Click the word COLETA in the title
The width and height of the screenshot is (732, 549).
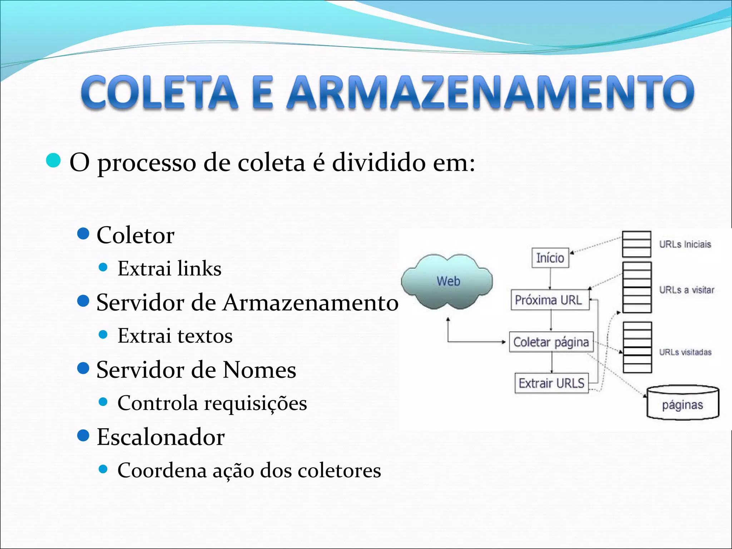(x=159, y=92)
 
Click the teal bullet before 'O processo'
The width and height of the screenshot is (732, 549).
(x=54, y=160)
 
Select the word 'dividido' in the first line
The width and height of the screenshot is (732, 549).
(x=379, y=163)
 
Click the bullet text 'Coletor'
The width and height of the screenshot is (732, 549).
(x=135, y=235)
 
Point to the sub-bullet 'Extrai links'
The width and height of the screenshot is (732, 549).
(x=169, y=268)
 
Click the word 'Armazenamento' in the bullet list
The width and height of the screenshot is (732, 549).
(x=310, y=303)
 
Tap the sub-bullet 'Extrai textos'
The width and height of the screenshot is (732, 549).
(x=175, y=336)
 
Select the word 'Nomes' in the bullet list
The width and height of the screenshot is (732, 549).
(x=259, y=370)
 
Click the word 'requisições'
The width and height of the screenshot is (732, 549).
(x=255, y=404)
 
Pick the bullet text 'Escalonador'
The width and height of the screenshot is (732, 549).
(x=160, y=437)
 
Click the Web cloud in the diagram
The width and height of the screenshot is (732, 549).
(x=447, y=281)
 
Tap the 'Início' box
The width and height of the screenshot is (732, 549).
(x=550, y=258)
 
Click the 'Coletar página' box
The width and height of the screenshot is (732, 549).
(x=551, y=342)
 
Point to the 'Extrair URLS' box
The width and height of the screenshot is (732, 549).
(x=552, y=383)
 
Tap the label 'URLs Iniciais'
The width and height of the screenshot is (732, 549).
(x=685, y=244)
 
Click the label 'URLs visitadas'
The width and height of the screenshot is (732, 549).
(x=685, y=352)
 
